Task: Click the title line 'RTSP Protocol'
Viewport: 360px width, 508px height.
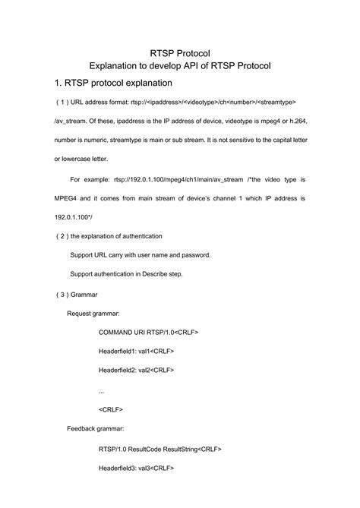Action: pyautogui.click(x=180, y=52)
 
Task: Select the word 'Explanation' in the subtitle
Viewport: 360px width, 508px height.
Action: pyautogui.click(x=121, y=66)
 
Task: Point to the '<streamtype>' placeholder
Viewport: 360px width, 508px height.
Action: pyautogui.click(x=273, y=102)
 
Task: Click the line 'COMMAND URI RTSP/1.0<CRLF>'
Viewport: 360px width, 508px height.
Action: pyautogui.click(x=149, y=332)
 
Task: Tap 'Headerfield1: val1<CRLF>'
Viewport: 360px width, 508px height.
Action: pyautogui.click(x=137, y=351)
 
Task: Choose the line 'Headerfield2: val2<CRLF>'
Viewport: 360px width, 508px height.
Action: pyautogui.click(x=137, y=371)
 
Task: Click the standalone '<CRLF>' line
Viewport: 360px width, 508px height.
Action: pyautogui.click(x=112, y=409)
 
